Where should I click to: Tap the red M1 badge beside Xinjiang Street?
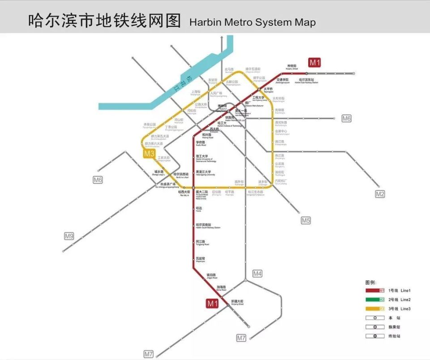coord(212,304)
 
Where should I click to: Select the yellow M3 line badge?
coord(149,154)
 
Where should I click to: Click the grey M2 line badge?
coord(380,194)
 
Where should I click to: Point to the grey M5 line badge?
coord(305,220)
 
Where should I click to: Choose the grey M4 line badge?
coord(257,273)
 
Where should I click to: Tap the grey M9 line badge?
coord(69,236)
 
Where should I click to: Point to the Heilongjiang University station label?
coord(206,173)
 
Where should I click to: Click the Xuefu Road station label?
coord(201,144)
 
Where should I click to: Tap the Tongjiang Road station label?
coord(201,243)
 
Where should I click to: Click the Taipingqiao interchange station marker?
coord(259,89)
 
